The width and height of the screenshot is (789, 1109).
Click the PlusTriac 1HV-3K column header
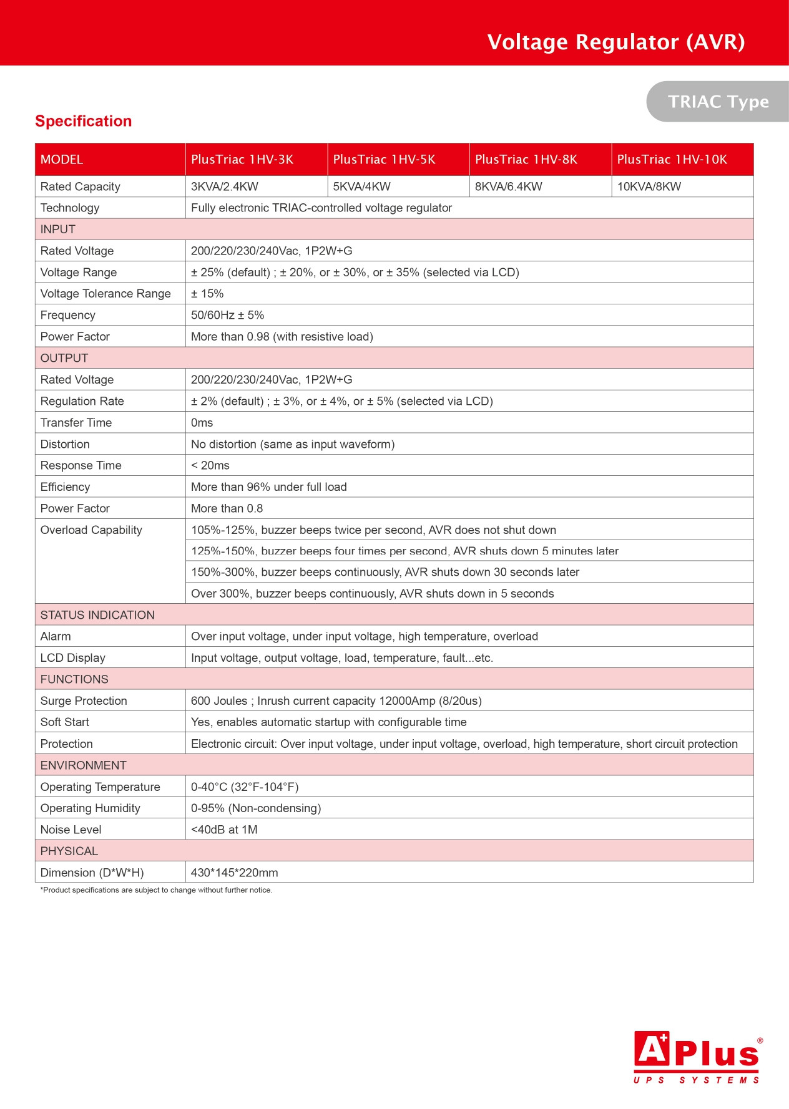[x=242, y=160]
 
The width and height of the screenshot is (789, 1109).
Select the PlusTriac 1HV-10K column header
[x=672, y=160]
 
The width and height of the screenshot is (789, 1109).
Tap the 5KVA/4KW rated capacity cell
[x=362, y=186]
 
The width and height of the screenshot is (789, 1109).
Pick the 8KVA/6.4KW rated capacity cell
[x=509, y=186]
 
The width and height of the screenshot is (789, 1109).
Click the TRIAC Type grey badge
[x=718, y=102]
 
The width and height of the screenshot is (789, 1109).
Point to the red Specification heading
[x=84, y=121]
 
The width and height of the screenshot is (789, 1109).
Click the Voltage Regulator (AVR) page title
[x=616, y=42]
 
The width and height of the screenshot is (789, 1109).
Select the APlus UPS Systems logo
[x=697, y=1058]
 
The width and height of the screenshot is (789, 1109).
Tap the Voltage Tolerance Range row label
[x=105, y=294]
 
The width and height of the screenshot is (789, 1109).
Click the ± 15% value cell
[x=207, y=294]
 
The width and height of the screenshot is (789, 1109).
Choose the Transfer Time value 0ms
[x=202, y=423]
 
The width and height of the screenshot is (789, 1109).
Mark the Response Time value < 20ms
[x=210, y=466]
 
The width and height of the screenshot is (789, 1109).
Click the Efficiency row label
[x=65, y=487]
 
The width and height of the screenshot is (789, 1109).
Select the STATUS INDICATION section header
[x=97, y=615]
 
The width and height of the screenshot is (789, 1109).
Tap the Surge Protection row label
[x=84, y=701]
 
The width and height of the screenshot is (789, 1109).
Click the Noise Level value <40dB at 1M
[x=224, y=830]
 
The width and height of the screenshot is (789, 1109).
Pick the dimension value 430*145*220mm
[x=235, y=873]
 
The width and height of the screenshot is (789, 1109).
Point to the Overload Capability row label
[x=91, y=530]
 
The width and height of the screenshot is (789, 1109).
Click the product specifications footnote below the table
[x=156, y=890]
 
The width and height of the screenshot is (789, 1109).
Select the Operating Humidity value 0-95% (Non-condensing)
[x=256, y=808]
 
